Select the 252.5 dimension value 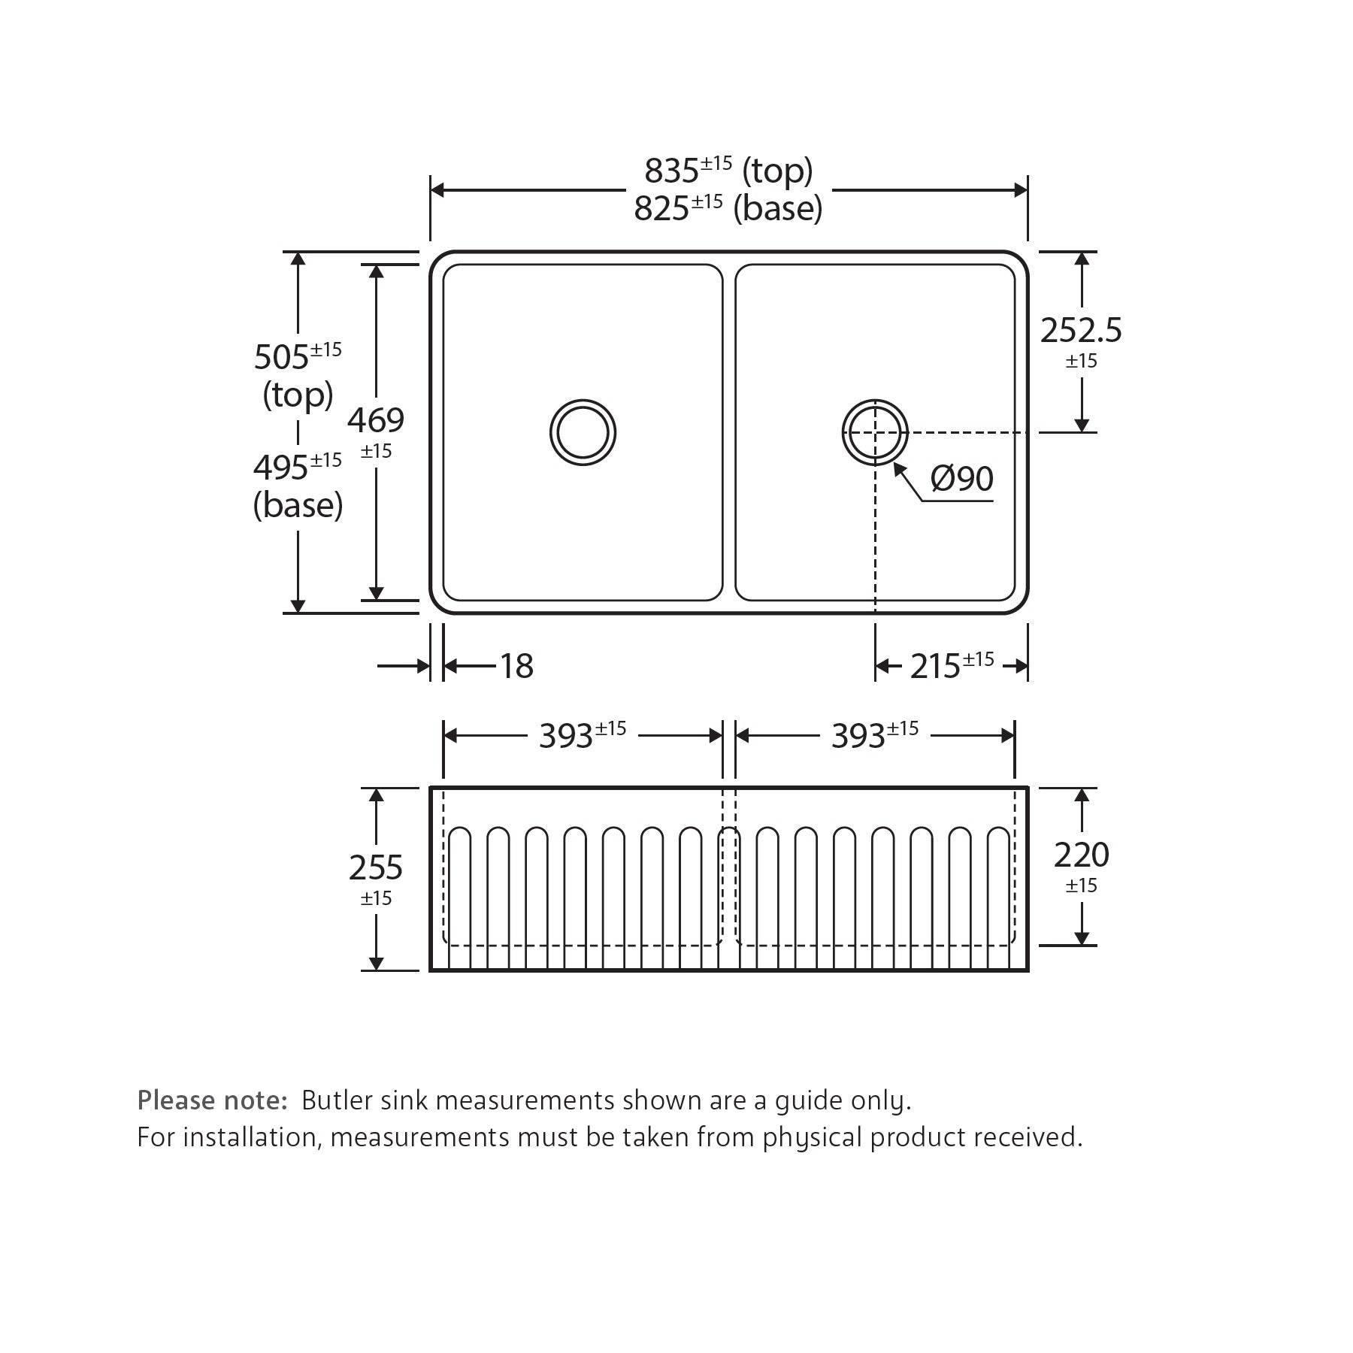click(x=1081, y=330)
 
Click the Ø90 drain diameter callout click(x=962, y=478)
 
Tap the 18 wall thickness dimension click(x=516, y=666)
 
